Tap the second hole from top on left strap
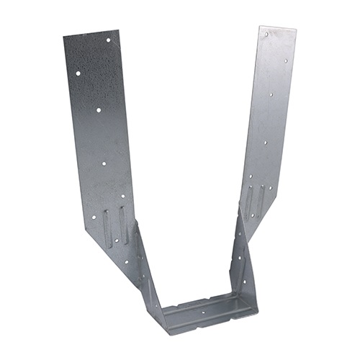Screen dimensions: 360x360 coord(78,73)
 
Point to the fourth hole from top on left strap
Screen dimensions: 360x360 coord(104,163)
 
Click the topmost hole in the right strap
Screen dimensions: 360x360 coord(267,34)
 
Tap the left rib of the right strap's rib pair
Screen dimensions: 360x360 coord(248,202)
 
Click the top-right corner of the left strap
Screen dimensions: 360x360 coord(118,30)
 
